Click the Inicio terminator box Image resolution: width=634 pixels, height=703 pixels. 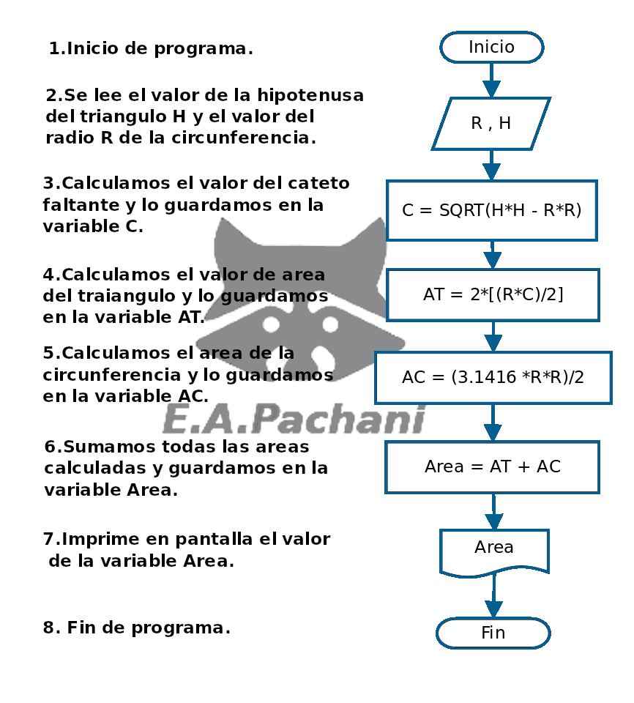click(x=491, y=48)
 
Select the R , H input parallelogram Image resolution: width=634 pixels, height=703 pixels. click(x=491, y=123)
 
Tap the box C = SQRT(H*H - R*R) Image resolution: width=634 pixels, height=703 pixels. click(x=491, y=211)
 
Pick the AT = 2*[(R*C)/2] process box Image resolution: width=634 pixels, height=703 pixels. click(x=493, y=294)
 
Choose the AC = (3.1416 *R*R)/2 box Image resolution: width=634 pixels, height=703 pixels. click(x=493, y=378)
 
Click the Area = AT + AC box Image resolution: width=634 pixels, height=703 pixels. click(x=492, y=466)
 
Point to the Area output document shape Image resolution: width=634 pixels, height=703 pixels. click(x=494, y=549)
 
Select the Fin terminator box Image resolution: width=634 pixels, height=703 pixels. click(x=493, y=633)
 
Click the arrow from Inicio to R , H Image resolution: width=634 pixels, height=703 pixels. click(x=491, y=80)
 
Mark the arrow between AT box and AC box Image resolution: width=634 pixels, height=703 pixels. click(x=493, y=337)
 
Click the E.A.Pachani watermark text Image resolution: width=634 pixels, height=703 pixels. click(x=293, y=420)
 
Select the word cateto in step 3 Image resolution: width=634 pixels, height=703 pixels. click(x=316, y=183)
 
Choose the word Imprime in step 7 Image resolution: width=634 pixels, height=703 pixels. click(x=99, y=540)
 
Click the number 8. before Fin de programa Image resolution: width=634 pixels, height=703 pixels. click(x=51, y=628)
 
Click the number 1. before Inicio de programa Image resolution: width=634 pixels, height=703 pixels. click(x=56, y=49)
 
